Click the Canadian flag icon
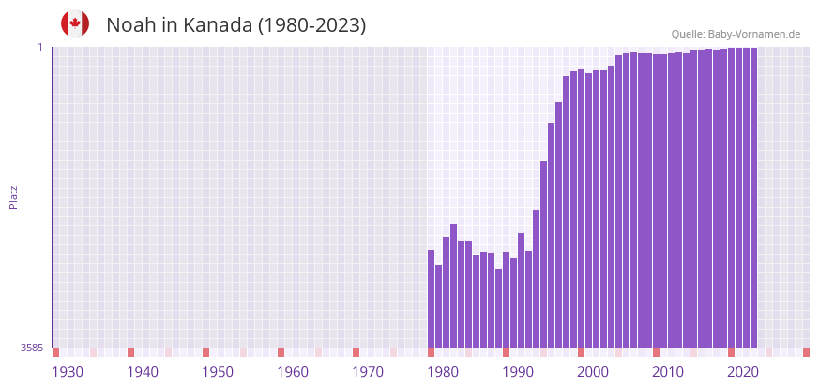click(x=75, y=24)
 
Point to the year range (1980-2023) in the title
click(x=312, y=25)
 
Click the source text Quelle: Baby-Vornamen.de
click(x=736, y=34)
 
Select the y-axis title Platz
click(x=13, y=197)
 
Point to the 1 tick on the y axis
click(x=40, y=47)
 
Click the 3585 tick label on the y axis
click(x=32, y=348)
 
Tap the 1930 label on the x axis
click(x=68, y=372)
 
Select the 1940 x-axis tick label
click(x=143, y=372)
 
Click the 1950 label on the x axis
click(x=218, y=372)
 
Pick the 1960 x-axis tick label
click(x=293, y=372)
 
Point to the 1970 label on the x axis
click(x=368, y=372)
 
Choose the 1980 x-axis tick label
click(x=443, y=372)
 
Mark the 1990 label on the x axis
click(x=518, y=372)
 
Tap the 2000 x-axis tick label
click(x=593, y=372)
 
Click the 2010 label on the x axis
click(x=668, y=372)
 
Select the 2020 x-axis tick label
click(x=743, y=372)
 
